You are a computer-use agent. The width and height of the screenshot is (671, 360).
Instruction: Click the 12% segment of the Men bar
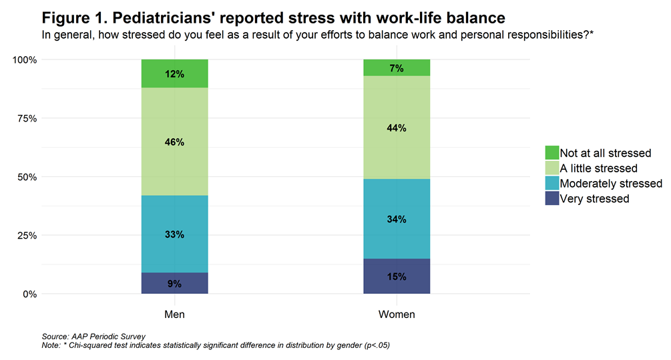coord(175,73)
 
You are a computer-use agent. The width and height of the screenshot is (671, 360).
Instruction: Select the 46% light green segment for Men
coord(175,142)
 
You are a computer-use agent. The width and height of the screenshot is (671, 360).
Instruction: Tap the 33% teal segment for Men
coord(175,234)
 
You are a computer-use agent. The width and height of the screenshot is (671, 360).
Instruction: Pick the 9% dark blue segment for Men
coord(175,283)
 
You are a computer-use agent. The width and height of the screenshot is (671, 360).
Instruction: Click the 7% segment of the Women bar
coord(397,67)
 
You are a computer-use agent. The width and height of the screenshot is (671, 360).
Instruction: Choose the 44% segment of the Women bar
coord(397,128)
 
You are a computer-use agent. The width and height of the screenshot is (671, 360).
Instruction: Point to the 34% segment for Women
coord(397,219)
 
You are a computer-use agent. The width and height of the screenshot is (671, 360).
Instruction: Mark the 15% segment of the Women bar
coord(397,277)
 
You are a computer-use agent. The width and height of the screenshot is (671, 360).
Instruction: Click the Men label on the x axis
coord(175,314)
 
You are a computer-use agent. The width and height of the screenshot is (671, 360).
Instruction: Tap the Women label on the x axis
coord(397,314)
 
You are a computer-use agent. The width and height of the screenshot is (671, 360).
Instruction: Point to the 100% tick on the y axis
coord(25,59)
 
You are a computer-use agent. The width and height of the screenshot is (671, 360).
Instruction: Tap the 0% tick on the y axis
coord(31,294)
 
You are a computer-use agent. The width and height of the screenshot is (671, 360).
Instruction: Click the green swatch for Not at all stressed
coord(551,153)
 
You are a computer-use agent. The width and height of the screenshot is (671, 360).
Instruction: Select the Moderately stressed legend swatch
coord(551,183)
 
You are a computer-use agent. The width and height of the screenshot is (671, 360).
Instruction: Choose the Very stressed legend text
coord(594,198)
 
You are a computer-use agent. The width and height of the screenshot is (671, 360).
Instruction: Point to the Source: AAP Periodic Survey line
coord(93,336)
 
